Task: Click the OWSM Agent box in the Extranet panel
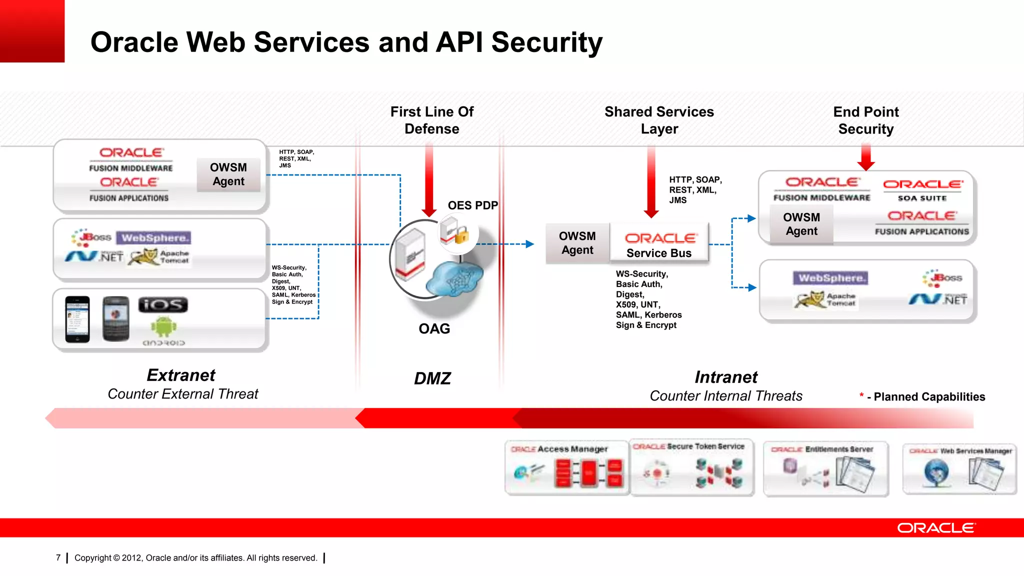pyautogui.click(x=228, y=174)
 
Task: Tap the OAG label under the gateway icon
pyautogui.click(x=434, y=328)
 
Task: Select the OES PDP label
pyautogui.click(x=472, y=205)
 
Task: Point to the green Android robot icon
pyautogui.click(x=163, y=326)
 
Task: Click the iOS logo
pyautogui.click(x=163, y=304)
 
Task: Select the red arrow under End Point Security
pyautogui.click(x=866, y=157)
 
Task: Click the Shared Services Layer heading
pyautogui.click(x=659, y=120)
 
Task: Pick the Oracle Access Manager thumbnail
pyautogui.click(x=566, y=467)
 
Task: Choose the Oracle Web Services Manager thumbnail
pyautogui.click(x=959, y=469)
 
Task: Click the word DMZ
pyautogui.click(x=432, y=378)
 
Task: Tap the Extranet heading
pyautogui.click(x=181, y=375)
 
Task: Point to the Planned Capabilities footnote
pyautogui.click(x=922, y=396)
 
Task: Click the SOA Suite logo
pyautogui.click(x=922, y=190)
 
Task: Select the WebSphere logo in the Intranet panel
pyautogui.click(x=830, y=278)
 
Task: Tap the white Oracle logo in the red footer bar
pyautogui.click(x=935, y=528)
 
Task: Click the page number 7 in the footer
pyautogui.click(x=58, y=557)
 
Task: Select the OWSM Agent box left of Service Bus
pyautogui.click(x=577, y=243)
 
